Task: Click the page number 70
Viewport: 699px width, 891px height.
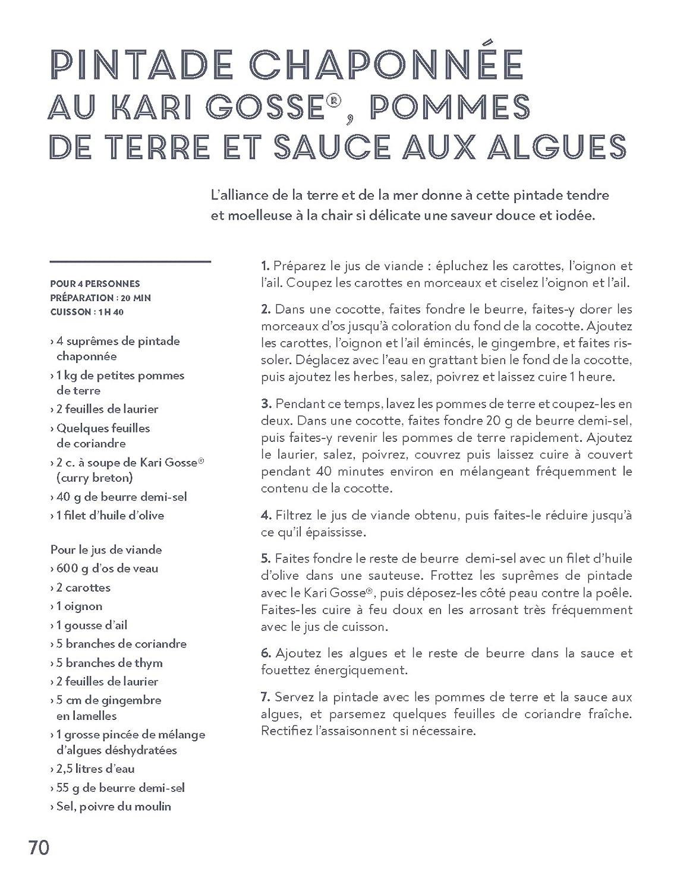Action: point(39,848)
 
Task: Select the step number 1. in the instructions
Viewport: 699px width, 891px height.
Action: point(266,266)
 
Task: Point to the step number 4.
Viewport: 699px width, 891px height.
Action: point(266,515)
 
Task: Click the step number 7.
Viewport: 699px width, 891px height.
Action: point(266,697)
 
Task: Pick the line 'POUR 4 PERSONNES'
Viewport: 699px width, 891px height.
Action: point(95,284)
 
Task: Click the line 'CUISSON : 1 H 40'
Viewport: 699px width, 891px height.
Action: point(87,312)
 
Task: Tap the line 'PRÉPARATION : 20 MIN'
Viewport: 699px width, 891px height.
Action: point(100,298)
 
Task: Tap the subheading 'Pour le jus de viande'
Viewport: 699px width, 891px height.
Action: point(106,550)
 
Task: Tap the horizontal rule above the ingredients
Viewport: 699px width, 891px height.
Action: point(131,261)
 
